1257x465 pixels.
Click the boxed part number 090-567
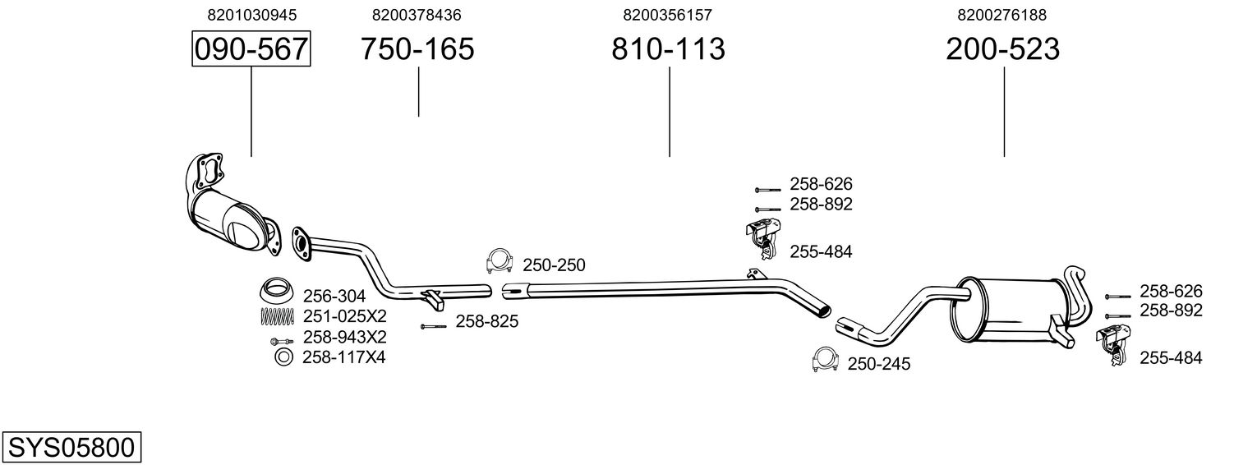click(x=251, y=49)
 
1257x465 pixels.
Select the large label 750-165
click(x=417, y=49)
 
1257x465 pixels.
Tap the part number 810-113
click(x=668, y=49)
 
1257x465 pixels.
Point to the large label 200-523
click(x=1002, y=49)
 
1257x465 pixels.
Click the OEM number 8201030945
click(x=251, y=15)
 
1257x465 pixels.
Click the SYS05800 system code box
click(x=71, y=448)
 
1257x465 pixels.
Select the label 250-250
click(x=554, y=265)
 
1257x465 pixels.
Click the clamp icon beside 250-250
click(x=500, y=260)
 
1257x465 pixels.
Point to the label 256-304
click(x=334, y=297)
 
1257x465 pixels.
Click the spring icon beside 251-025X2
click(x=277, y=315)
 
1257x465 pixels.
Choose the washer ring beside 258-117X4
click(x=283, y=357)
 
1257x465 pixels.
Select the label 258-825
click(x=486, y=322)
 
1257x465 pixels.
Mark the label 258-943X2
click(x=345, y=337)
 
